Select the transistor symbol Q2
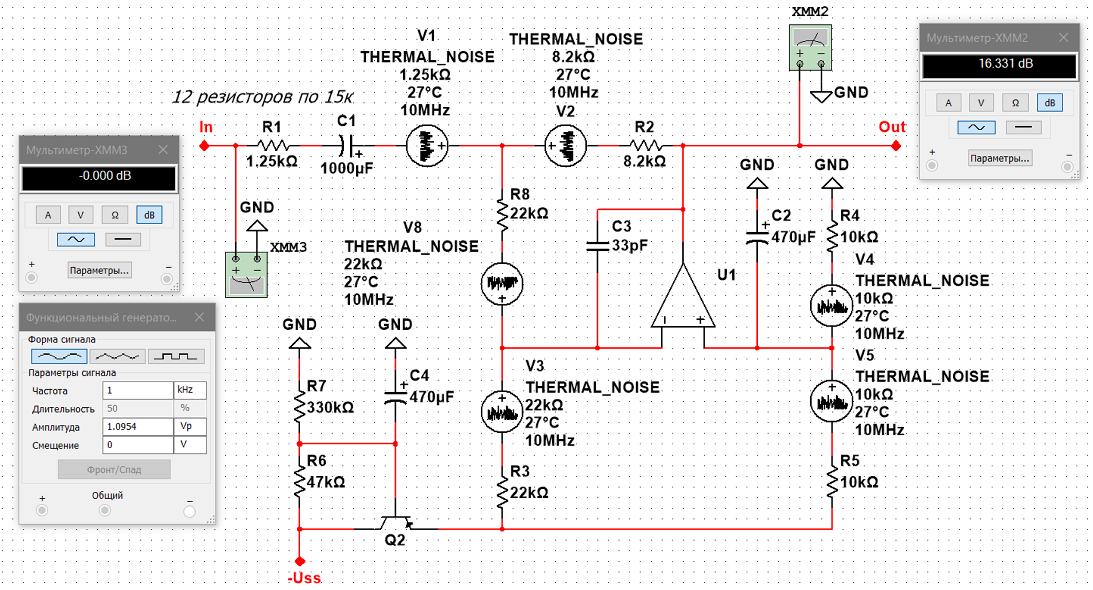click(x=395, y=523)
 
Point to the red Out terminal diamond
click(x=896, y=146)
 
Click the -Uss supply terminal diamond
click(x=300, y=561)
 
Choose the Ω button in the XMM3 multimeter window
click(x=115, y=215)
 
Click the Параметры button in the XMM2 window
click(x=1000, y=158)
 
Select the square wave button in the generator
click(x=176, y=356)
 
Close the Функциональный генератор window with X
click(x=199, y=317)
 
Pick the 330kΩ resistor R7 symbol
click(x=300, y=407)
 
